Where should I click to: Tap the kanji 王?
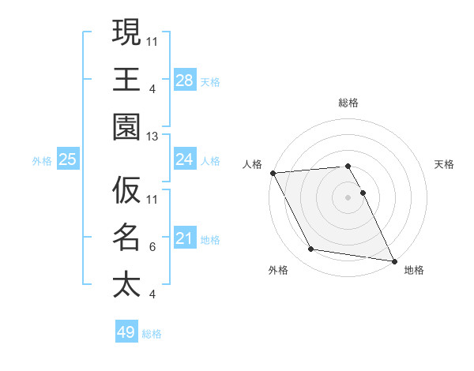click(x=126, y=78)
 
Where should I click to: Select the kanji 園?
click(x=126, y=126)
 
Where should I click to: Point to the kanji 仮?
click(x=126, y=190)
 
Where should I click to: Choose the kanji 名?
click(x=126, y=237)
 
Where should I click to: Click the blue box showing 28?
click(x=185, y=81)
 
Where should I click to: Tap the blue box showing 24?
click(x=185, y=160)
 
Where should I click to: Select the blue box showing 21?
click(x=185, y=238)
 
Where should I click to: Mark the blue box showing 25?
click(x=68, y=160)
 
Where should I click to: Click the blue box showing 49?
click(x=126, y=332)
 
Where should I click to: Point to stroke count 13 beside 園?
click(x=152, y=137)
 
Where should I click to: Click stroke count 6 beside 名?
click(x=152, y=247)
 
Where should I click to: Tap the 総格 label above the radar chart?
click(x=348, y=103)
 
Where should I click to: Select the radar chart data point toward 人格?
click(x=273, y=173)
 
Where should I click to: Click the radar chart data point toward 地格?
click(x=393, y=260)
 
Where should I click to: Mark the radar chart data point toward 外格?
click(x=311, y=249)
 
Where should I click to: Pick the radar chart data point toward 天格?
click(x=363, y=193)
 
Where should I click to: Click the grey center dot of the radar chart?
click(x=348, y=197)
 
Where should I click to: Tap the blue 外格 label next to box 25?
click(x=42, y=161)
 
